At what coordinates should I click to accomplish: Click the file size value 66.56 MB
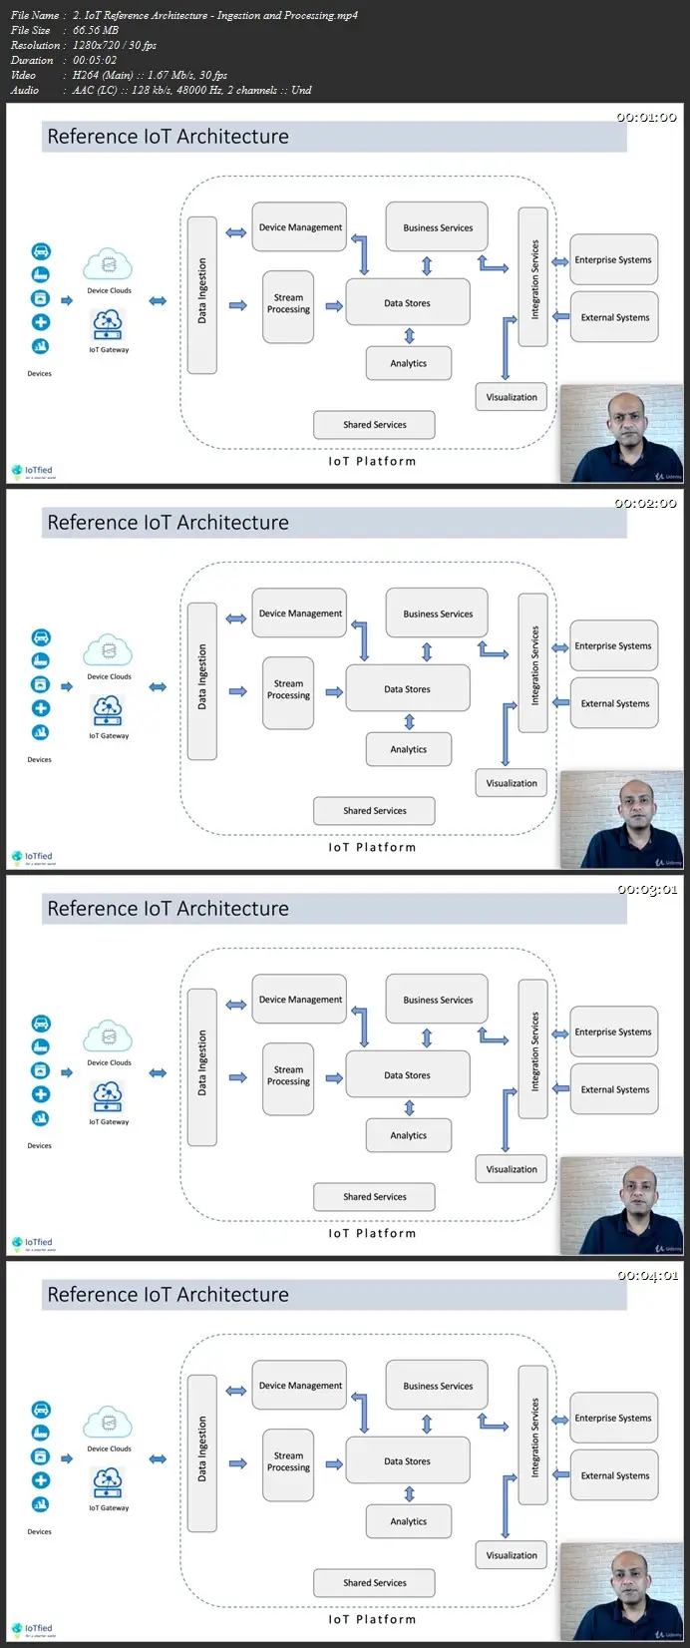(96, 30)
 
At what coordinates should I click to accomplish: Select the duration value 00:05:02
(97, 60)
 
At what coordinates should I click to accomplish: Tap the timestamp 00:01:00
(646, 117)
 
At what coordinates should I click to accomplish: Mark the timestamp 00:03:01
(646, 889)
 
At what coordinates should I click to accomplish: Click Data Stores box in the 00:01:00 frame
(407, 303)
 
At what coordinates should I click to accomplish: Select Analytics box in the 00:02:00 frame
(408, 749)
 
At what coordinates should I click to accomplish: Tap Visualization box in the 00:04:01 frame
(512, 1555)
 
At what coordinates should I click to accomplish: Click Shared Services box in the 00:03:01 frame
(374, 1196)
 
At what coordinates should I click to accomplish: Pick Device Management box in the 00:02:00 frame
(299, 614)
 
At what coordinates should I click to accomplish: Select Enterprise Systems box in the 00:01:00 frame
(613, 259)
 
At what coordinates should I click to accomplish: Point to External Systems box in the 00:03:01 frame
(614, 1089)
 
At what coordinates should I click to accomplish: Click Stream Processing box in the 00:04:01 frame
(288, 1461)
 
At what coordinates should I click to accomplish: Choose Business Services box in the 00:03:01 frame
(437, 1000)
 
